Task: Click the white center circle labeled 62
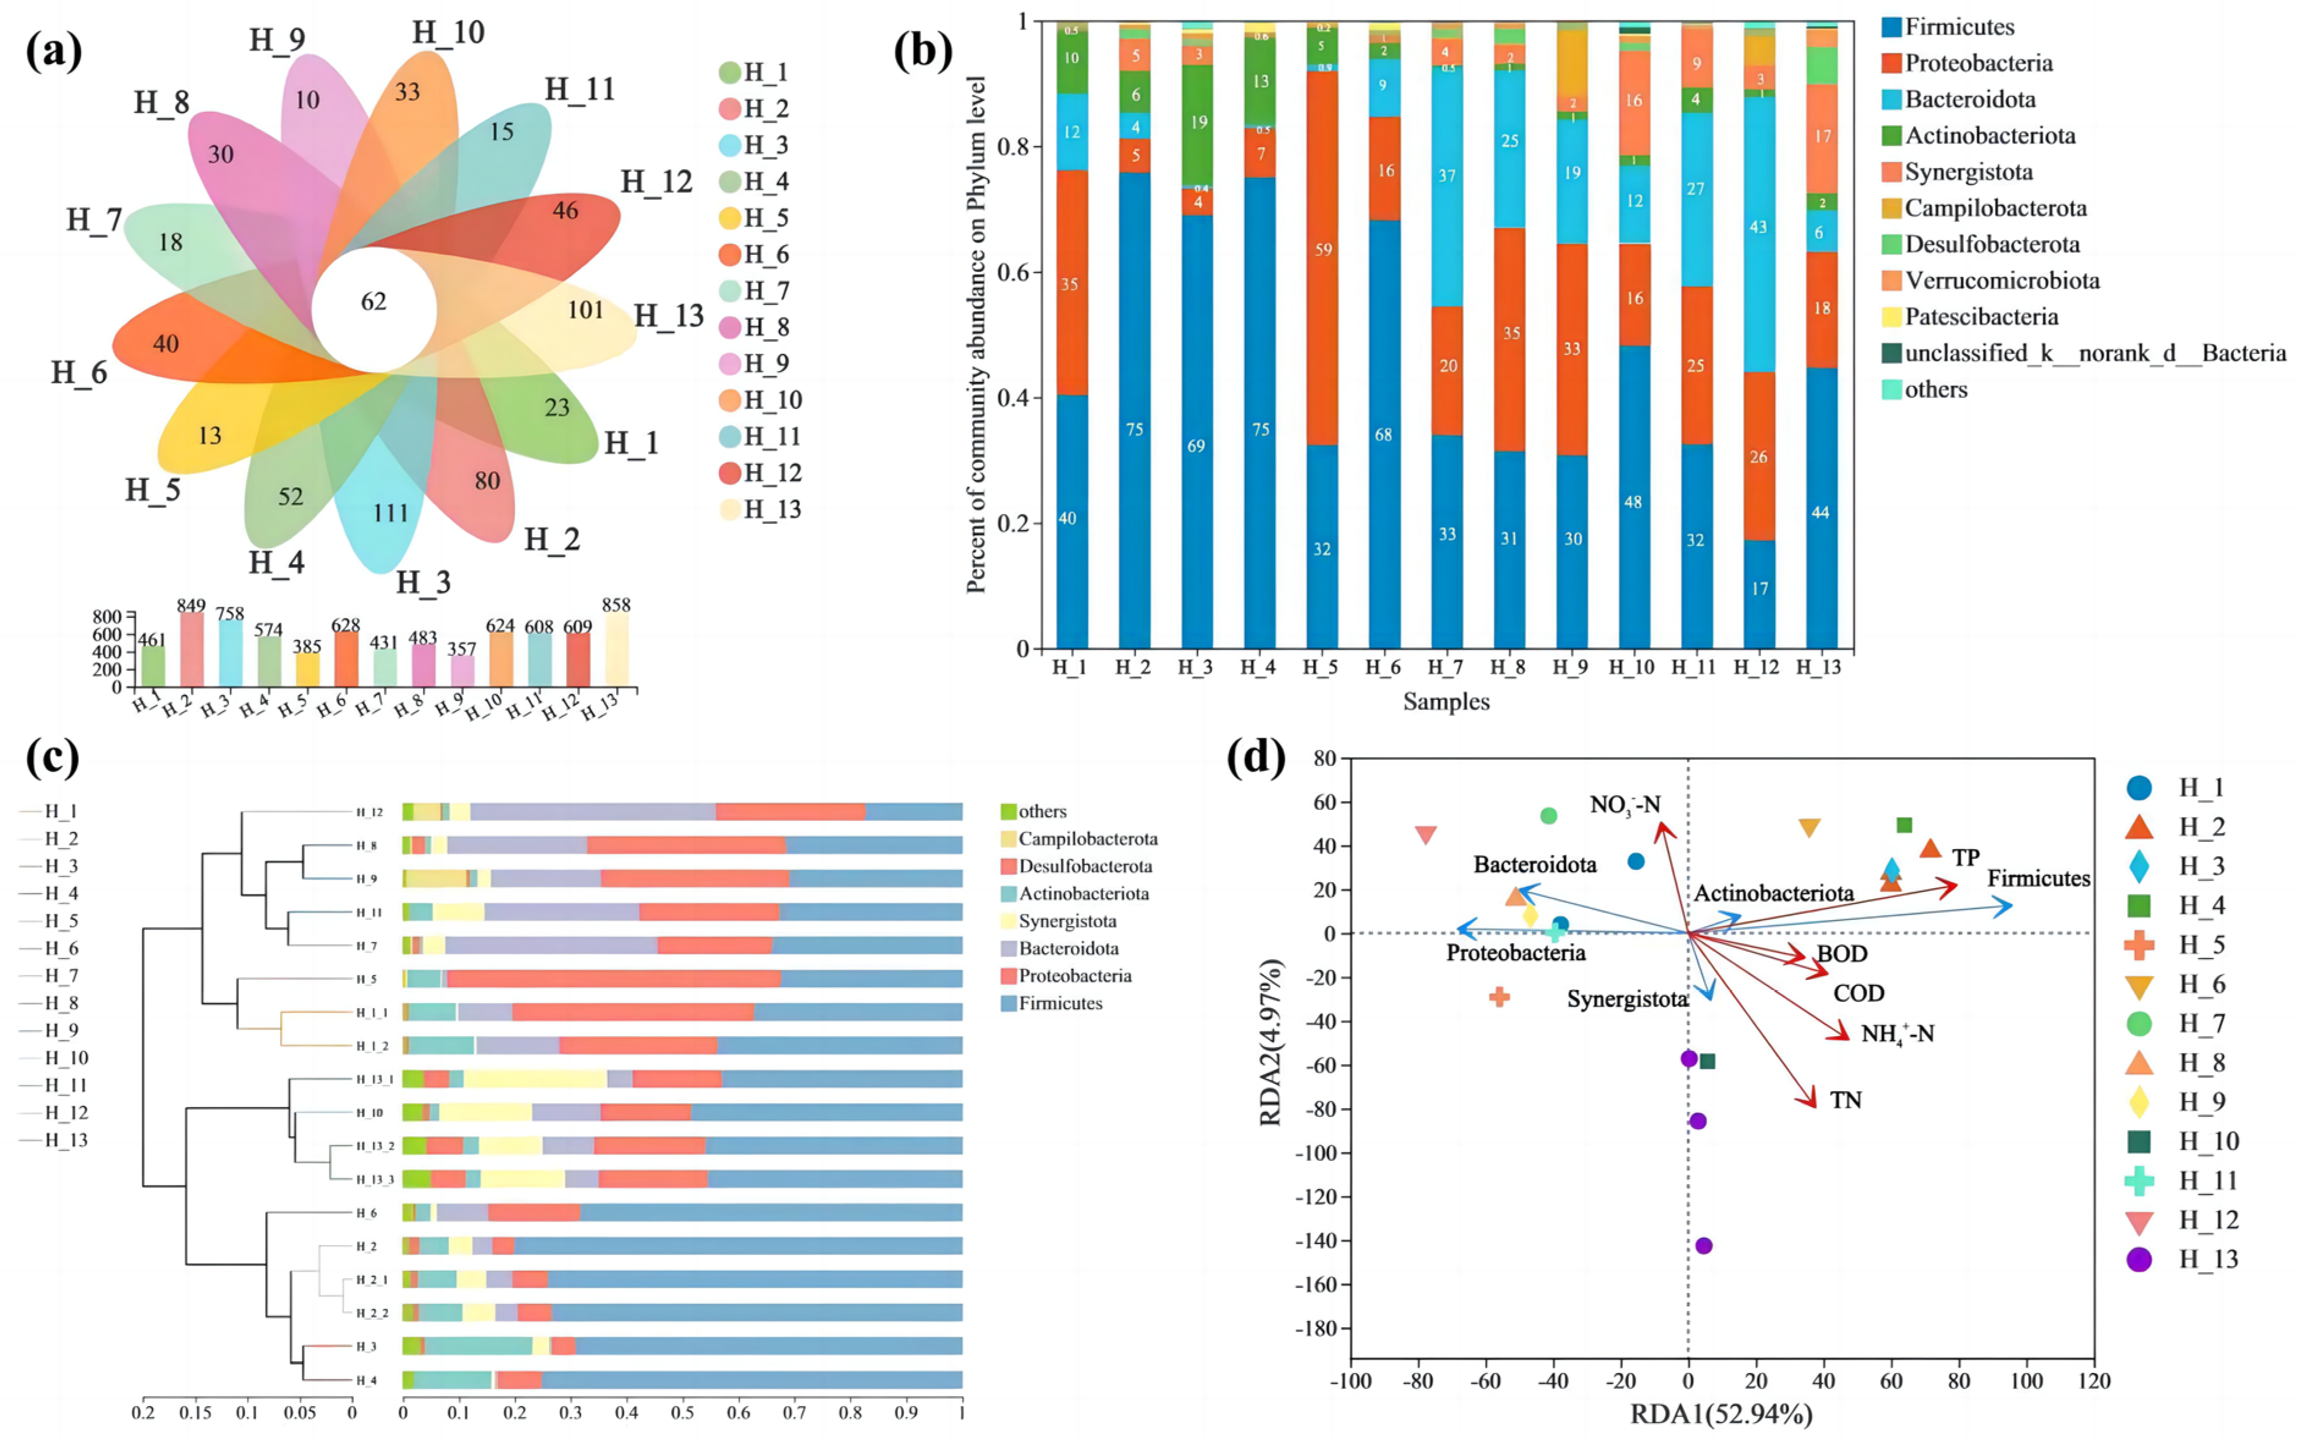pyautogui.click(x=374, y=303)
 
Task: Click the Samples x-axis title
pyautogui.click(x=1446, y=701)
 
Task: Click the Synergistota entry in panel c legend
pyautogui.click(x=1067, y=921)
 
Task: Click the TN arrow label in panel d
pyautogui.click(x=1845, y=1100)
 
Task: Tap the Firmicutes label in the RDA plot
pyautogui.click(x=2038, y=878)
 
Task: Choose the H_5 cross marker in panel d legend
pyautogui.click(x=2139, y=945)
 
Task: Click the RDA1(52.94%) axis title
pyautogui.click(x=1721, y=1415)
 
